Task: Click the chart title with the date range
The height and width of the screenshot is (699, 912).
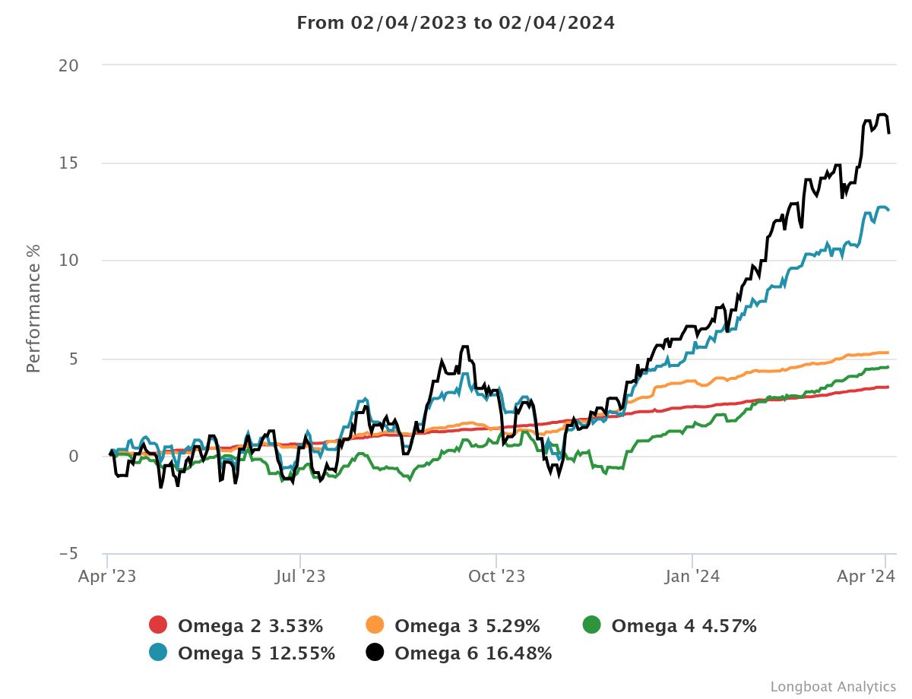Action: [455, 23]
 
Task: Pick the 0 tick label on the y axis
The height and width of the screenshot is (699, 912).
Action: [73, 456]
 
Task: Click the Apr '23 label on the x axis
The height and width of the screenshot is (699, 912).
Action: [107, 577]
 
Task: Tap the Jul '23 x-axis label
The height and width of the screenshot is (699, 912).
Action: [300, 577]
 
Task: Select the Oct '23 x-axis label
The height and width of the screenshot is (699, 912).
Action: [496, 577]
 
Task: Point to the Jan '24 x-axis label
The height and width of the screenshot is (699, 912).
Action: [692, 577]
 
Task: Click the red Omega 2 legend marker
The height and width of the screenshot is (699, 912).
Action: [158, 626]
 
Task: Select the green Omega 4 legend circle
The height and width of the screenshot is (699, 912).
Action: [591, 626]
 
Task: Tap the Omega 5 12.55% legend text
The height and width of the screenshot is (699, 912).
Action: [256, 653]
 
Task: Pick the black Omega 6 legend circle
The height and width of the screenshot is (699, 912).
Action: [375, 653]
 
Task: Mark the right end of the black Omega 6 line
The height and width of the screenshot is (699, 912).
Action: [889, 134]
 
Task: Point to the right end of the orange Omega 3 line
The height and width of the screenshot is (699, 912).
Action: [888, 353]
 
